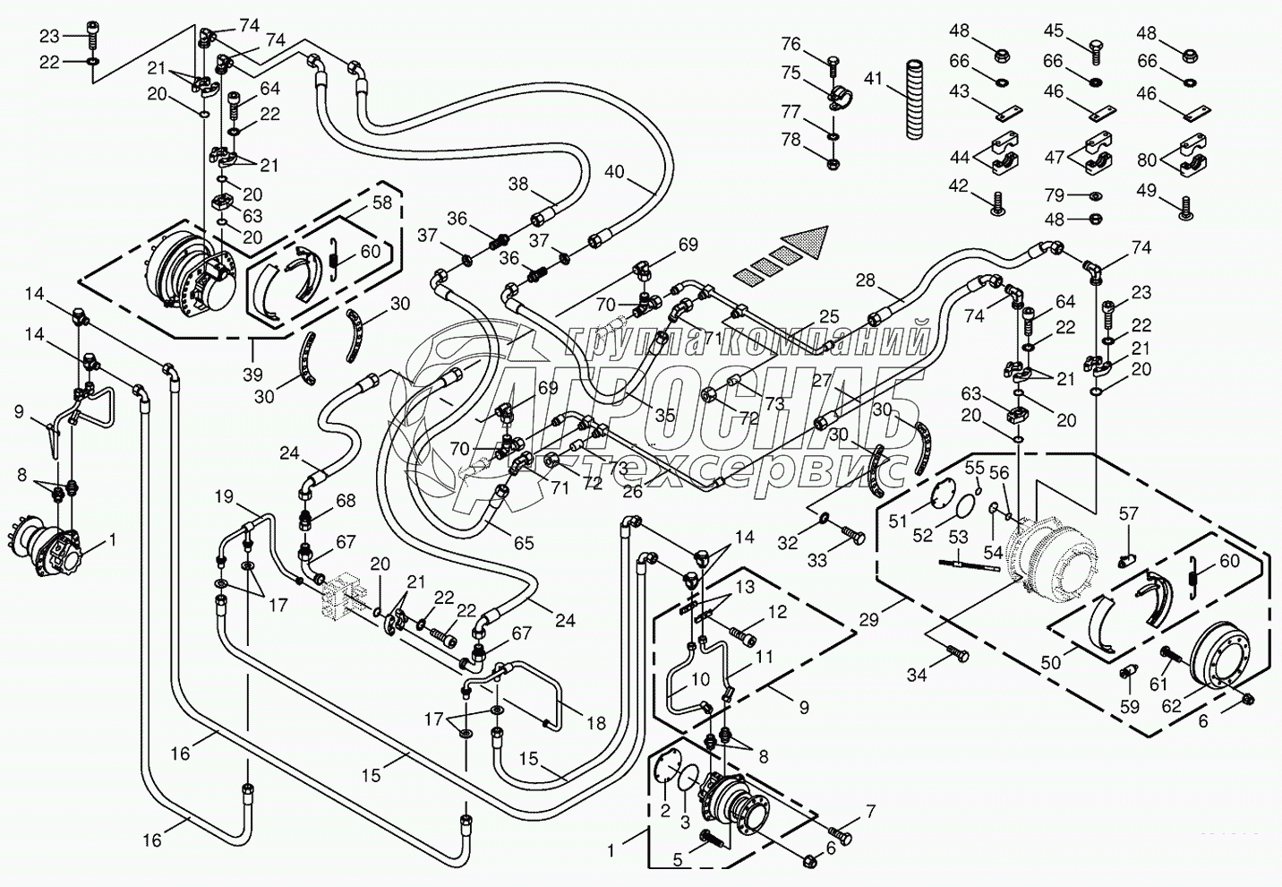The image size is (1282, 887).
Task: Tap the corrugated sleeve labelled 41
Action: tap(914, 99)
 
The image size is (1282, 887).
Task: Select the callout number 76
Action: tap(791, 43)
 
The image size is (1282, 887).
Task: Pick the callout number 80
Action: tap(1147, 160)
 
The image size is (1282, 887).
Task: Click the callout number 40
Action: tap(614, 169)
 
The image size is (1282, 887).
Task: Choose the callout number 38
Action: tap(518, 184)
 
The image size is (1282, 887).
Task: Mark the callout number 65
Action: tap(523, 542)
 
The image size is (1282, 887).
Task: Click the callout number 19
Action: tap(223, 496)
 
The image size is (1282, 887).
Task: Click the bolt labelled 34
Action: tap(957, 657)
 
